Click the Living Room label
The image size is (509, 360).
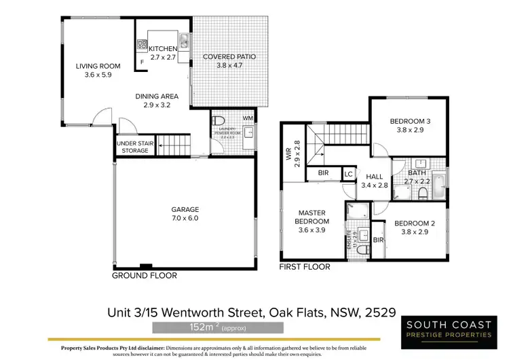tap(98, 71)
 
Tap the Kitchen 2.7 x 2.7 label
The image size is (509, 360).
tap(163, 54)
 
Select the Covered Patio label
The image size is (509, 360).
tap(229, 62)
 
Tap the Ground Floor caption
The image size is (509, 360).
tap(145, 276)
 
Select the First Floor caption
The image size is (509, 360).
tap(305, 267)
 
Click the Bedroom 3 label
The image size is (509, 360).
tap(409, 126)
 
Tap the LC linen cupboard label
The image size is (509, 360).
tap(349, 174)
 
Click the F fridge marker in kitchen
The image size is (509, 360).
tap(142, 63)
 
